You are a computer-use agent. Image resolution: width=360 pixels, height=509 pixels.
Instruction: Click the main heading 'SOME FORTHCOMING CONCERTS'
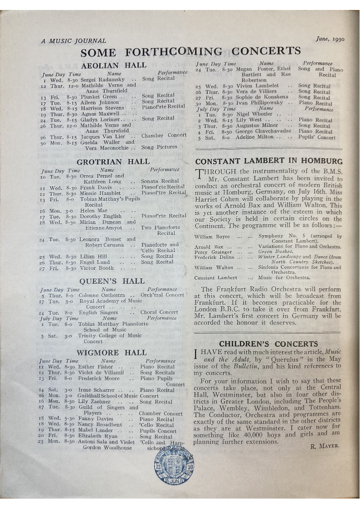tap(190, 52)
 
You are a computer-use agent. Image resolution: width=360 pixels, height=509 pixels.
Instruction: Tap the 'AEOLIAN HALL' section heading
tap(113, 65)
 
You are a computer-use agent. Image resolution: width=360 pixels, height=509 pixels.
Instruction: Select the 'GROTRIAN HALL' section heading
tap(113, 162)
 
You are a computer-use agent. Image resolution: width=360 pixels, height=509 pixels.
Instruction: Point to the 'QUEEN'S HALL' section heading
tap(112, 281)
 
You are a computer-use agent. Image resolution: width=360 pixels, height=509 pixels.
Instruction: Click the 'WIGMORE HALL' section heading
tap(111, 353)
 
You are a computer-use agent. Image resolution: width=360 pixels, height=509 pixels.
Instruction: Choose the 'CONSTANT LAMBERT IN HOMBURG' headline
tap(269, 161)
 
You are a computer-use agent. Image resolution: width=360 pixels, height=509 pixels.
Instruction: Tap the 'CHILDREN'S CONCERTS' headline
tap(268, 344)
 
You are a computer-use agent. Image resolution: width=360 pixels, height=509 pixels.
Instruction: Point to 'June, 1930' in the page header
tap(330, 39)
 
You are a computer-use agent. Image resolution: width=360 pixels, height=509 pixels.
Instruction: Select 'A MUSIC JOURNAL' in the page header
tap(73, 41)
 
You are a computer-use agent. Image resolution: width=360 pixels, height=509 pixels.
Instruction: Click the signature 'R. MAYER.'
tap(325, 446)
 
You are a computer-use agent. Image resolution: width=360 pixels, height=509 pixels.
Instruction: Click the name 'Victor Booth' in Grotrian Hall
tap(97, 268)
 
